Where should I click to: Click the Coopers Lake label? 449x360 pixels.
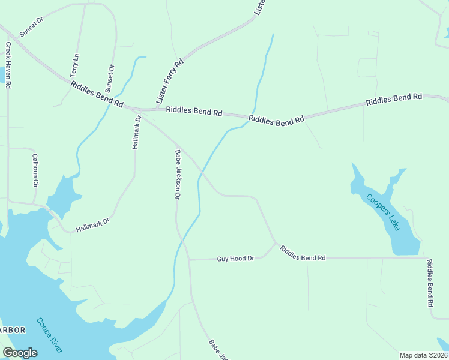(384, 212)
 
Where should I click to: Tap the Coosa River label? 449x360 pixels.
(49, 335)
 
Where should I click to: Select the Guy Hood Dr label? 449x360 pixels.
(235, 259)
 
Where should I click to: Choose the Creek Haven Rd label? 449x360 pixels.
(9, 65)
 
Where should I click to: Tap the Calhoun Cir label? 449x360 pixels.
(35, 170)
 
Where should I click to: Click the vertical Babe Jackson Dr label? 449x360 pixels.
(178, 174)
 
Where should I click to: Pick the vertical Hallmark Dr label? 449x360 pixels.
(137, 132)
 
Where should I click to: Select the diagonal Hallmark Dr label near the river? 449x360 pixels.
(93, 225)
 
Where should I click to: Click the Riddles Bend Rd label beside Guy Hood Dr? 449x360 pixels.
(303, 258)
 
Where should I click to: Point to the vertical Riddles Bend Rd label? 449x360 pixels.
(430, 283)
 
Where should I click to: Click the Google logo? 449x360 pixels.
(20, 353)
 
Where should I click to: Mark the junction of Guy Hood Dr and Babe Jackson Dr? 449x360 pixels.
(189, 260)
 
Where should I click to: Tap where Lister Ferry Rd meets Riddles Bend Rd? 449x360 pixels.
(157, 109)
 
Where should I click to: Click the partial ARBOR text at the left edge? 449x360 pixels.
(12, 330)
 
